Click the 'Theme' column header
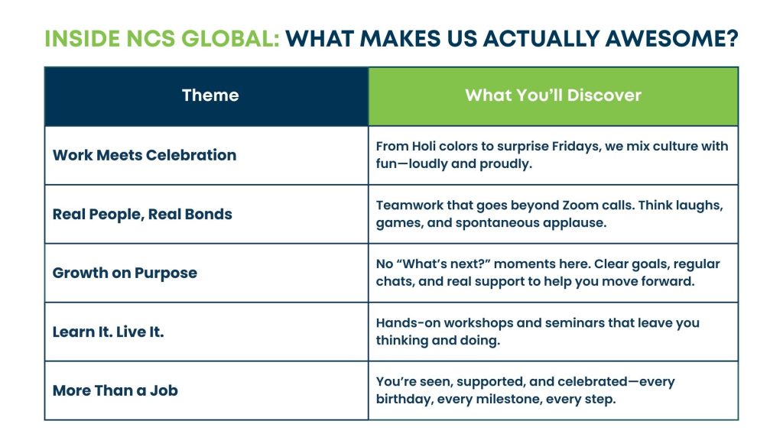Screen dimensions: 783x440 point(210,95)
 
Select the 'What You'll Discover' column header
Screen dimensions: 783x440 point(554,95)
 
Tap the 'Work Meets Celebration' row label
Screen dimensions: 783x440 point(145,155)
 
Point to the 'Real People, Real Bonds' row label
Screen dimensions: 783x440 point(142,215)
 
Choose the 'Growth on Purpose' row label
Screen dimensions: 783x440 point(125,273)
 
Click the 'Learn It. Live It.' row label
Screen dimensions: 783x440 point(109,332)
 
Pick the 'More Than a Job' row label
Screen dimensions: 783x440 point(115,390)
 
